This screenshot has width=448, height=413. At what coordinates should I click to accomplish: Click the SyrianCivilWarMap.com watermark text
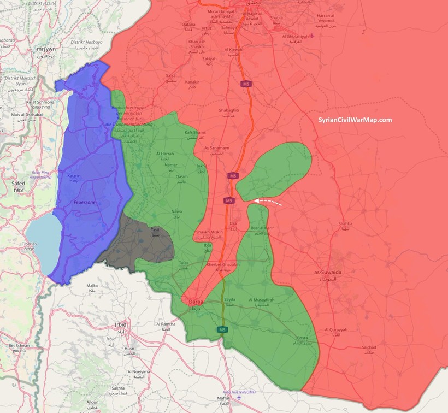(355, 120)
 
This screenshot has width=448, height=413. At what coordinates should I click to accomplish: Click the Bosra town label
(302, 338)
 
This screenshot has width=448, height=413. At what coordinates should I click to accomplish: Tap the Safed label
(18, 184)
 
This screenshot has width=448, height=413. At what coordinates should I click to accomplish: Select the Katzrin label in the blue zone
(74, 177)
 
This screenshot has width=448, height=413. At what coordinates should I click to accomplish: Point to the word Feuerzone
(85, 202)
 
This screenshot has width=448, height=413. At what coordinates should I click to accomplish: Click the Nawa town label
(176, 211)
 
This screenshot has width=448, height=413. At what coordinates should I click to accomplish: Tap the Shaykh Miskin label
(208, 232)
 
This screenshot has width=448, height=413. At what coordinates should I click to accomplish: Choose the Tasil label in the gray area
(155, 230)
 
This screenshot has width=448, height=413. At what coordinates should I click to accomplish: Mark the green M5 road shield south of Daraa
(222, 329)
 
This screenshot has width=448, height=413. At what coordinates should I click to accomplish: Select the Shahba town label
(345, 223)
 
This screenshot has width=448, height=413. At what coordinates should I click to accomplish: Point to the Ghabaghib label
(228, 110)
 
